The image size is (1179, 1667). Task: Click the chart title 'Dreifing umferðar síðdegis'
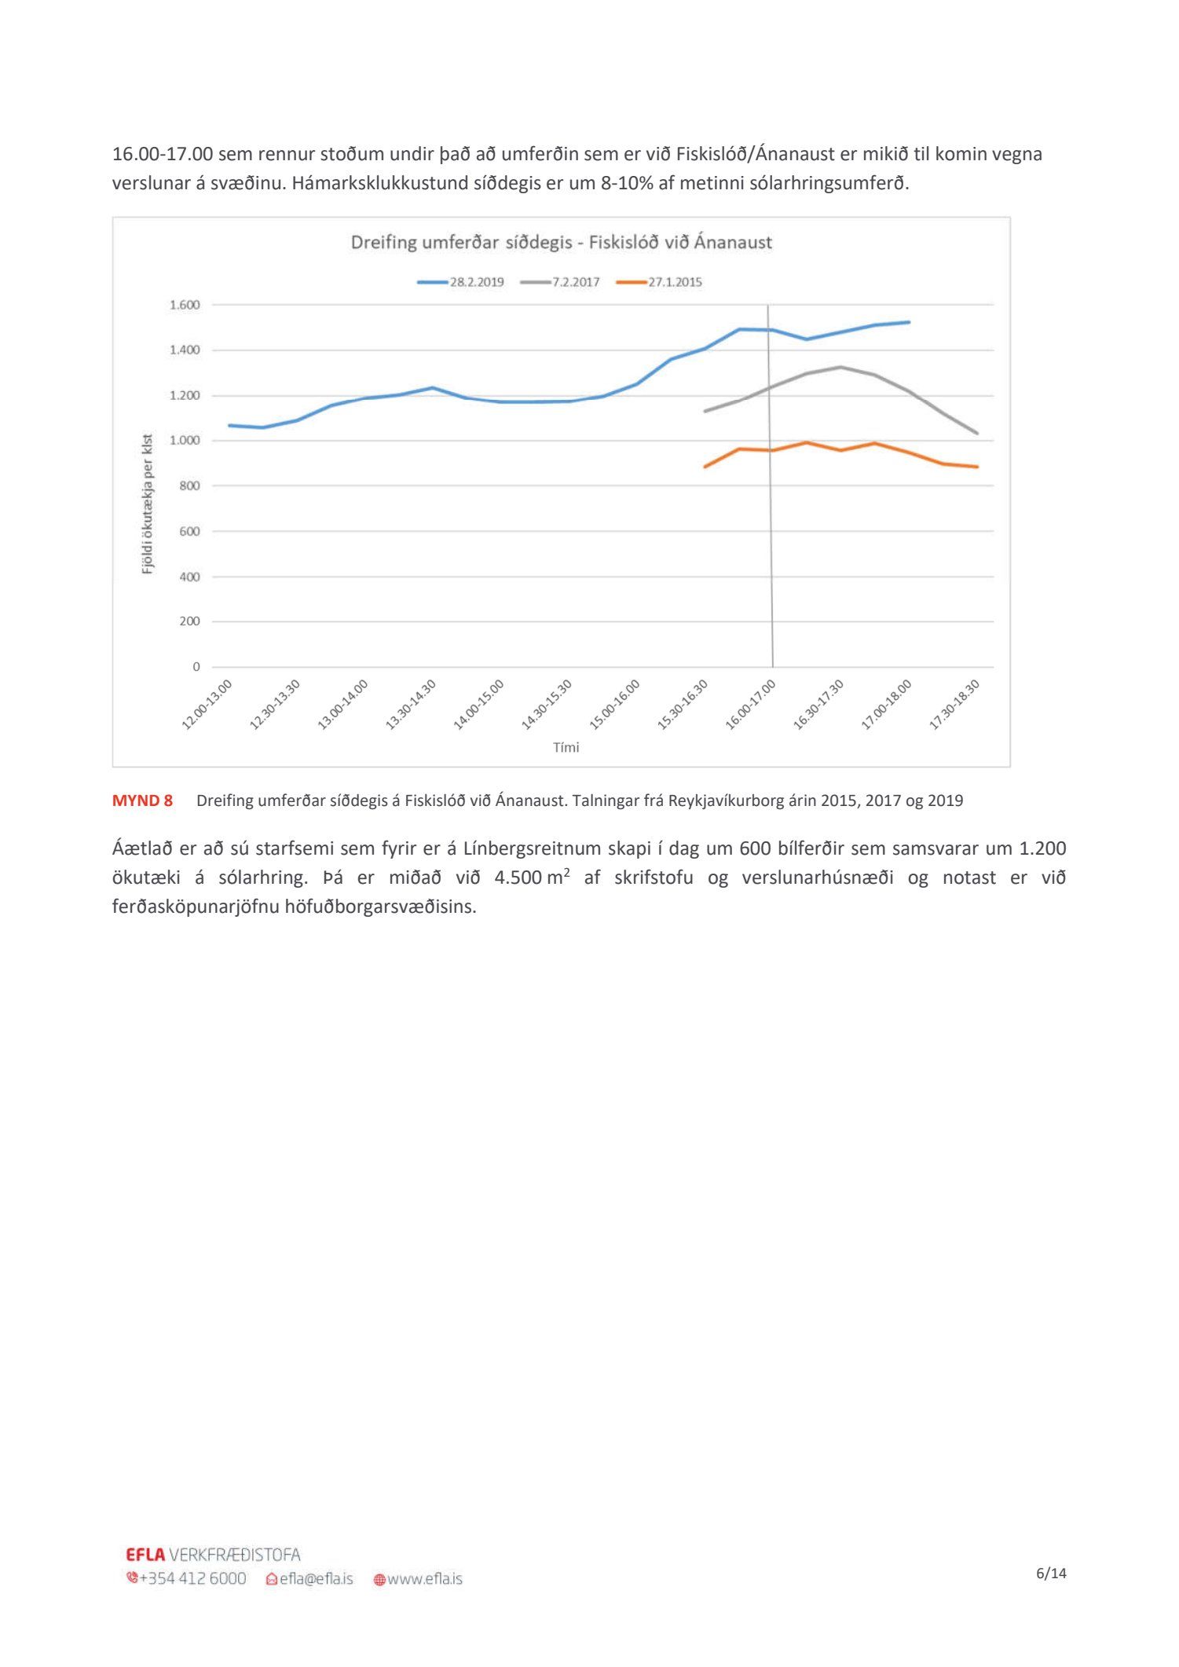point(561,243)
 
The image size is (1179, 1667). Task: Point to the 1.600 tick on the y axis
point(185,305)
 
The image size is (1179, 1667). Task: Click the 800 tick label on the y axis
point(189,486)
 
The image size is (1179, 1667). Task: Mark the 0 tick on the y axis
point(196,667)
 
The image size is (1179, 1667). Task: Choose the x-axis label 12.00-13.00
point(207,705)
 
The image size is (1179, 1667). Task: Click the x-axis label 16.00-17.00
point(751,705)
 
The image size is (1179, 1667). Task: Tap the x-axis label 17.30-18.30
point(954,705)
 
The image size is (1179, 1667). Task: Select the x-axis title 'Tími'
point(566,748)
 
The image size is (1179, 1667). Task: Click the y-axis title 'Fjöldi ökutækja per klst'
point(148,504)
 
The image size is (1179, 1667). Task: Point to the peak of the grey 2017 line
point(840,367)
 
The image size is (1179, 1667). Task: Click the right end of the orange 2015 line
point(977,467)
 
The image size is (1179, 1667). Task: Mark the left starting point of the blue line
point(229,425)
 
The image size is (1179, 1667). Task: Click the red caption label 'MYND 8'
point(142,801)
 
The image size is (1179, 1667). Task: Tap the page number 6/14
point(1051,1574)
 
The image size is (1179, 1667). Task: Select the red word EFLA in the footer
point(145,1555)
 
